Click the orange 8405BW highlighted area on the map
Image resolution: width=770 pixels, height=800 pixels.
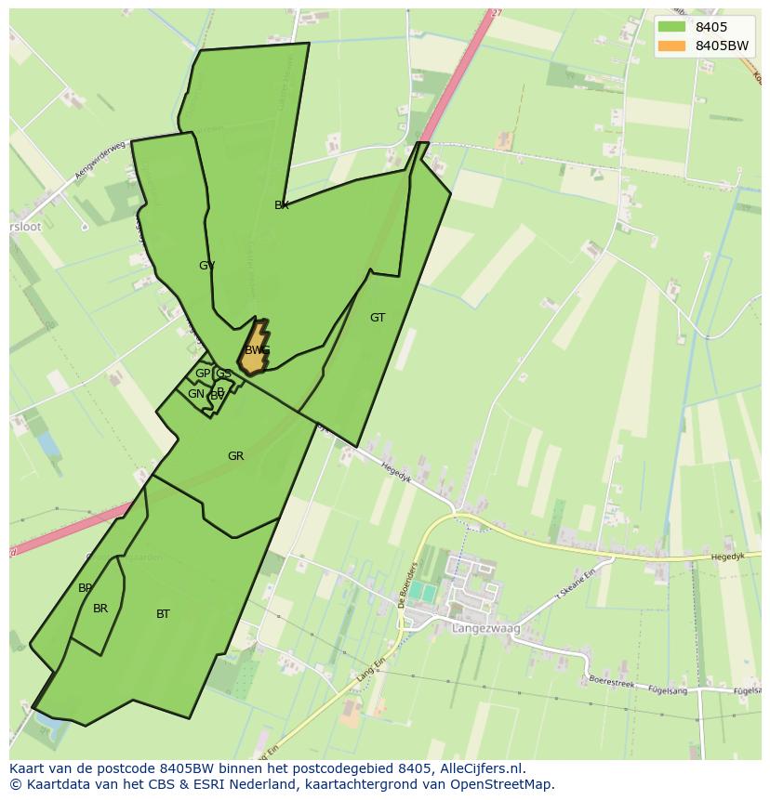pos(253,349)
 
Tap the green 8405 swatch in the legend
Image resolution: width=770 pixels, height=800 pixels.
pos(670,27)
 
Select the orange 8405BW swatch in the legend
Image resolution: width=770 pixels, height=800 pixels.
pos(670,46)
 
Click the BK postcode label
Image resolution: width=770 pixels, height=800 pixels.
pos(282,205)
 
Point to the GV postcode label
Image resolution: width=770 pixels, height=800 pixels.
pos(206,266)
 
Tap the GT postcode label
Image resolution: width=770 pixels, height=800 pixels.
pos(378,318)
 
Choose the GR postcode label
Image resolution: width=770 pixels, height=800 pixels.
pos(235,456)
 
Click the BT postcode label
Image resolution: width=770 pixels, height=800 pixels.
pos(163,614)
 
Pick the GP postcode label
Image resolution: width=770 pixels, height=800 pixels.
pos(202,374)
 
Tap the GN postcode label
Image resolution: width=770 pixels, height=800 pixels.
pos(195,394)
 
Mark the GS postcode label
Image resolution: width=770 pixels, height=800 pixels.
pos(223,374)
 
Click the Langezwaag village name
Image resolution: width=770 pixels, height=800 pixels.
pos(485,629)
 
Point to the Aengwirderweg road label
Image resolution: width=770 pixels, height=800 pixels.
pos(100,161)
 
